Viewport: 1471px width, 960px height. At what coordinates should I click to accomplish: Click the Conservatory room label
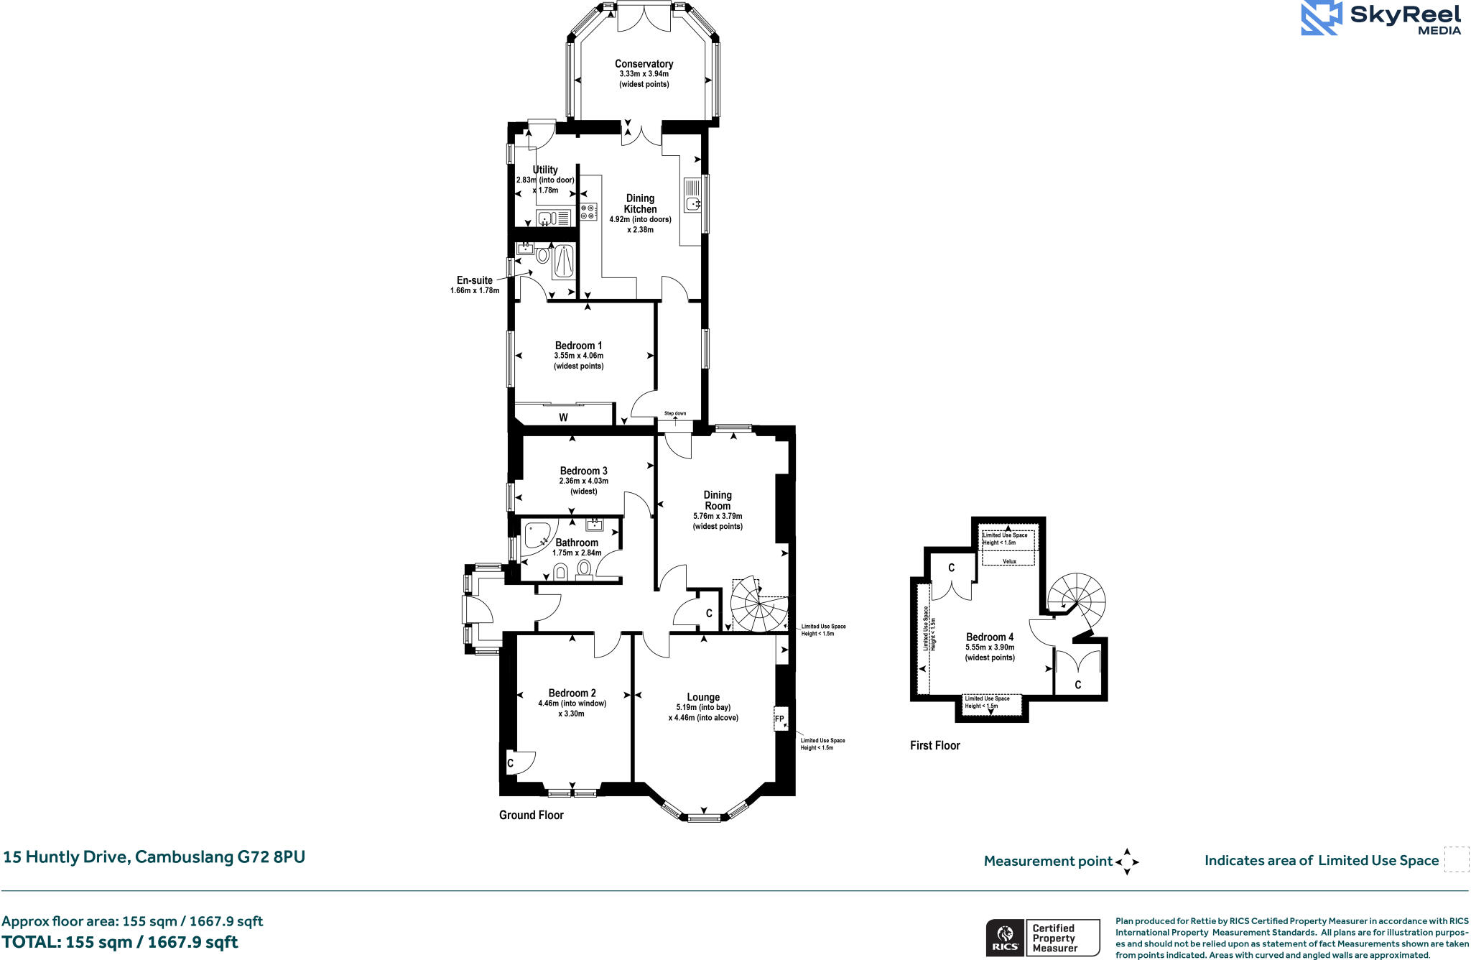click(x=644, y=64)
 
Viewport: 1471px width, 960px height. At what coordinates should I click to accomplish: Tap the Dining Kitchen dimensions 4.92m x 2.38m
click(x=640, y=225)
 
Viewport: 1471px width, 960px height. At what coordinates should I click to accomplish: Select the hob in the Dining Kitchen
click(x=588, y=211)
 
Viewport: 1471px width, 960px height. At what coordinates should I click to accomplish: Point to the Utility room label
click(x=545, y=170)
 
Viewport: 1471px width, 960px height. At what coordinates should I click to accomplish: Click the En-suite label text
click(x=475, y=280)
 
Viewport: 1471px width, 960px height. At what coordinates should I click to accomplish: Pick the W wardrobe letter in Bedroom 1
click(x=563, y=417)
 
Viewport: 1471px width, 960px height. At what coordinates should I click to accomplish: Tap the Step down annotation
click(x=674, y=413)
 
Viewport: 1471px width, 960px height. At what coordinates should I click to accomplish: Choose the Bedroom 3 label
click(x=583, y=471)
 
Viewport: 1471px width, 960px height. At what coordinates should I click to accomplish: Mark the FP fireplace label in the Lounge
click(x=779, y=719)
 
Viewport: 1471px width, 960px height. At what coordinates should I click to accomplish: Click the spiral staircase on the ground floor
click(x=758, y=605)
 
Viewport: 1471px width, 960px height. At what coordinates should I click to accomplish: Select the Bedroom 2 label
click(x=572, y=693)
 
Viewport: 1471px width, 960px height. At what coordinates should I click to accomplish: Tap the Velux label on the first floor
click(x=1009, y=561)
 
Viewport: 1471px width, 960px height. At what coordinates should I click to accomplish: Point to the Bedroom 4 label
click(x=990, y=637)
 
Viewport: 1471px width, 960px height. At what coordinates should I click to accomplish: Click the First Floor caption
click(x=934, y=745)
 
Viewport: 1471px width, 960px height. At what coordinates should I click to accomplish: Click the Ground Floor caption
click(x=531, y=815)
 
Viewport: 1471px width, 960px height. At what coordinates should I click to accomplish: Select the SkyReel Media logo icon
click(x=1321, y=18)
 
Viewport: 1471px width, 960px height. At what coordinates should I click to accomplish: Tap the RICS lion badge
click(x=1005, y=938)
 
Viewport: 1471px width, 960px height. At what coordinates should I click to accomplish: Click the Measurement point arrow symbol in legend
click(x=1126, y=861)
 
